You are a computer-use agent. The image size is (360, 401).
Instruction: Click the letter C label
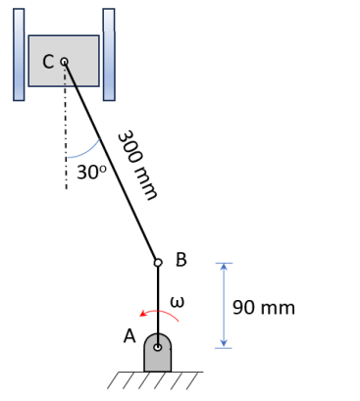(48, 62)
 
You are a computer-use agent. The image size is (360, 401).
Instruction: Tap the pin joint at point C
(65, 62)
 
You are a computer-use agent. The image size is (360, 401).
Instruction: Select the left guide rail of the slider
(19, 55)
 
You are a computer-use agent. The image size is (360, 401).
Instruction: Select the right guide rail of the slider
(109, 55)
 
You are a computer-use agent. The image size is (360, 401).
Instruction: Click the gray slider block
(64, 61)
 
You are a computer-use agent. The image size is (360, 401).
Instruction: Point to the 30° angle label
(91, 173)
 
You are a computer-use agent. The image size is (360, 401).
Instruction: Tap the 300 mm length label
(137, 165)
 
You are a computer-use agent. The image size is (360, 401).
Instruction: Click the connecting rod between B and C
(111, 162)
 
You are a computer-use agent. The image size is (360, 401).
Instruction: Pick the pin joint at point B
(158, 263)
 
